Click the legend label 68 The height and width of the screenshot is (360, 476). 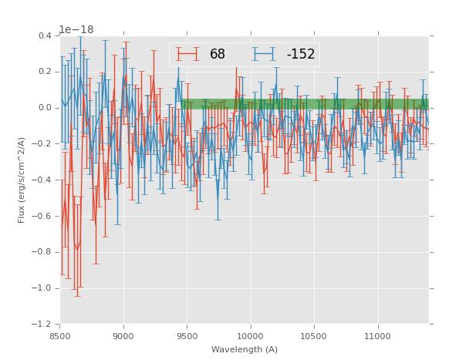click(218, 54)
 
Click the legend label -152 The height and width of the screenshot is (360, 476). click(301, 54)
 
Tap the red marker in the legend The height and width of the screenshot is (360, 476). click(187, 54)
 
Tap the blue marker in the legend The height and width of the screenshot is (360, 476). click(264, 54)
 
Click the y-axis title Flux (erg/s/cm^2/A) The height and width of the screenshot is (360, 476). click(22, 180)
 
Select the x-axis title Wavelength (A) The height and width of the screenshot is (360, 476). click(245, 349)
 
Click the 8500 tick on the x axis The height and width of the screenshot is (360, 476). click(60, 335)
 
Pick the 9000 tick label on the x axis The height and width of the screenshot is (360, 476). click(123, 335)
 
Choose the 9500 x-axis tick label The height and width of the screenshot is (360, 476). click(187, 335)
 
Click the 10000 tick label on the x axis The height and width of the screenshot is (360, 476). click(251, 335)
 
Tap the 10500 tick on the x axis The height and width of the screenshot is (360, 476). click(315, 335)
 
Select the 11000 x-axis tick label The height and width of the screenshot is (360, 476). click(378, 335)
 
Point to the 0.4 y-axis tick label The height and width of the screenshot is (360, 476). click(45, 35)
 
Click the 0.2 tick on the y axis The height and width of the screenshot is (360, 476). click(45, 72)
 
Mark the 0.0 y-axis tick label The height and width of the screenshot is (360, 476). click(45, 108)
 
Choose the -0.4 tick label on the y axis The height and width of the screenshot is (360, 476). click(43, 180)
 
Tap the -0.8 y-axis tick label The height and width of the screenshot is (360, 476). click(43, 252)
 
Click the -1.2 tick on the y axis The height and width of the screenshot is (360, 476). click(43, 325)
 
